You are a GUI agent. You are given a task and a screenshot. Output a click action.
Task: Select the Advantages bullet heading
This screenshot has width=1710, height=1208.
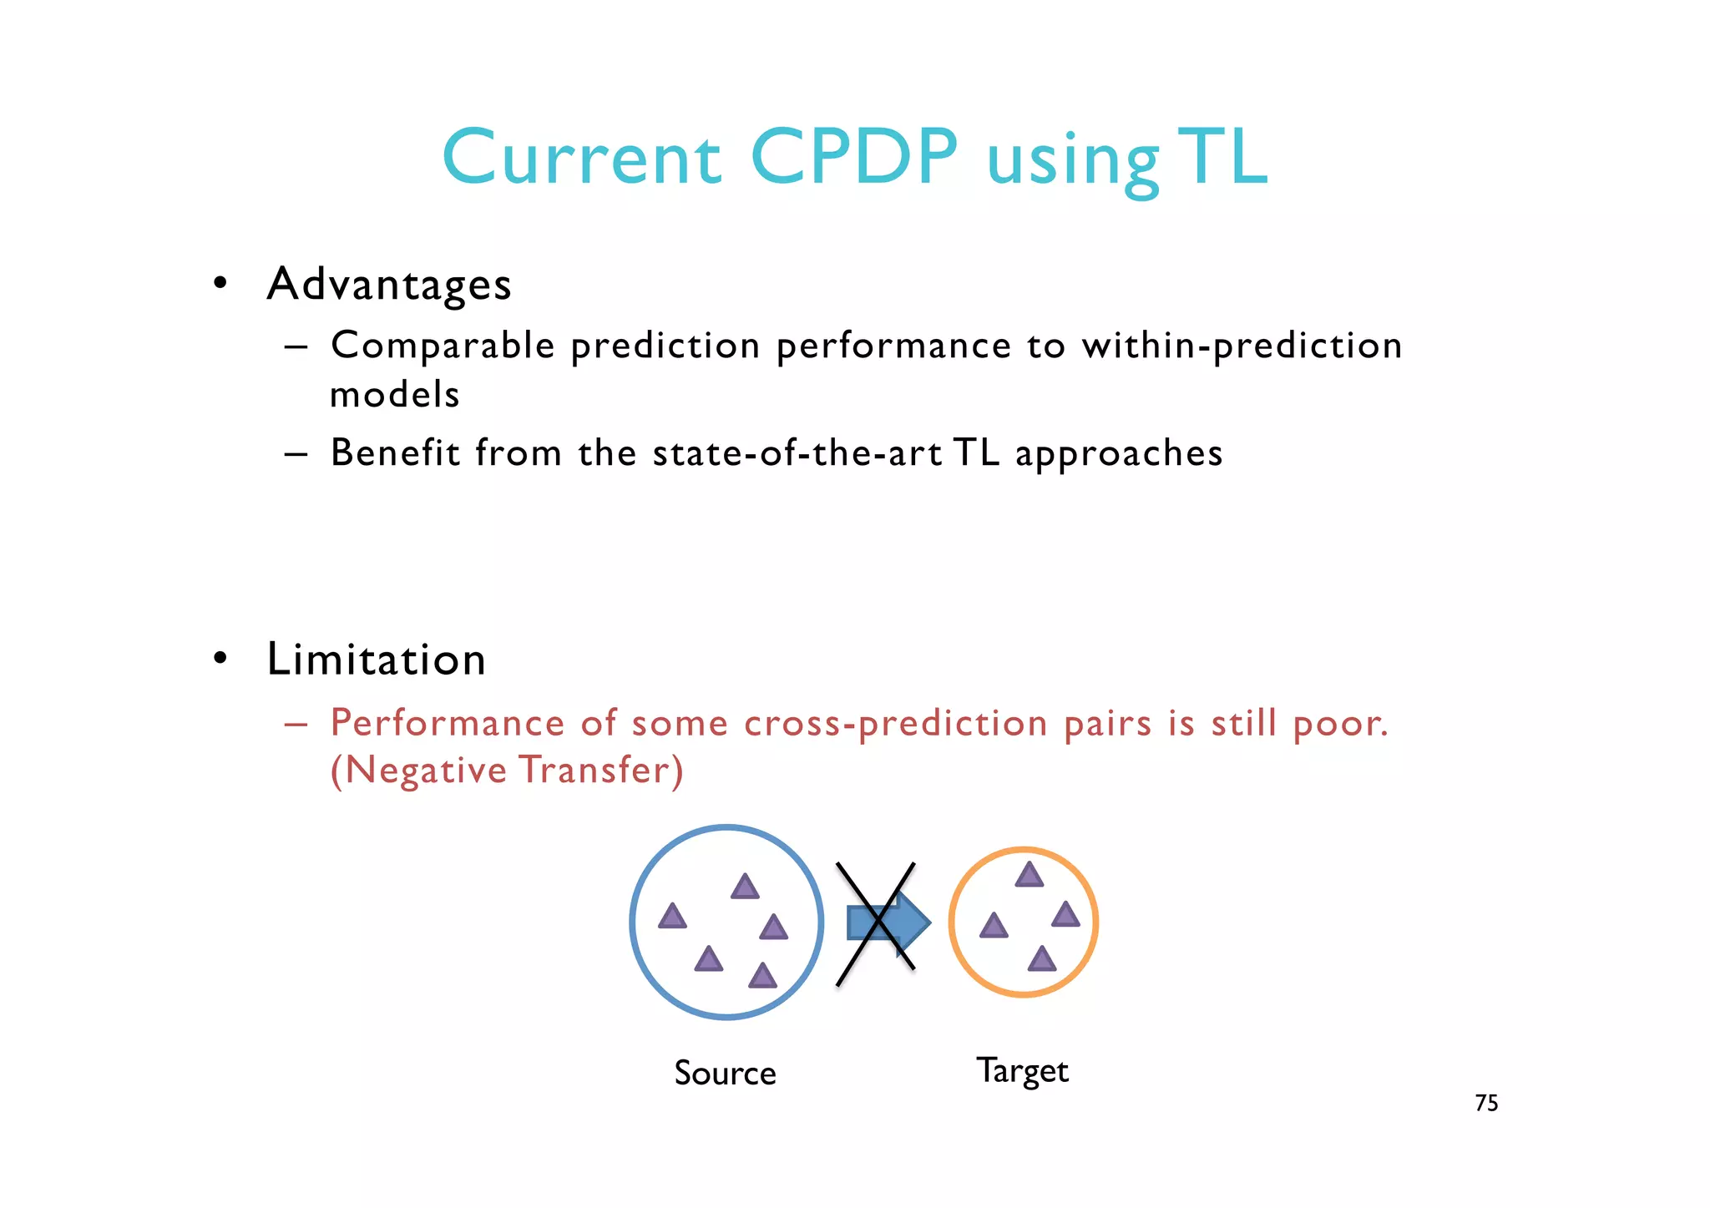pos(388,284)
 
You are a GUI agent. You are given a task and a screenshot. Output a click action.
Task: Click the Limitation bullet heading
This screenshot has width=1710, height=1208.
pos(376,660)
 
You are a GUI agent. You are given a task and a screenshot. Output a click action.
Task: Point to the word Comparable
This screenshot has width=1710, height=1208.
pos(443,346)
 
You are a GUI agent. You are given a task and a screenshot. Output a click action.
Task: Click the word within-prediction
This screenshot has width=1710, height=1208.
pos(1242,346)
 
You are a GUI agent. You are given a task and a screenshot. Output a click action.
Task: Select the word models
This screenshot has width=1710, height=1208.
pos(395,394)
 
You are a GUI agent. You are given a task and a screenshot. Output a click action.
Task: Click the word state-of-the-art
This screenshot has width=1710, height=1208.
pos(797,453)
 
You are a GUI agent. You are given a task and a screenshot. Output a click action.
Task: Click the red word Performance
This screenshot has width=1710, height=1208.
pos(448,723)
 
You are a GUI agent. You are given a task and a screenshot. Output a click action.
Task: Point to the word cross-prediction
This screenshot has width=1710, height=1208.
pos(895,723)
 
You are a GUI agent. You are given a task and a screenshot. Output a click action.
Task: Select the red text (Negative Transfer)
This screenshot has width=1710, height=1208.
pos(507,770)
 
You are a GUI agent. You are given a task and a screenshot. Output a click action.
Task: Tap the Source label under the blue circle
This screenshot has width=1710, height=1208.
pos(725,1073)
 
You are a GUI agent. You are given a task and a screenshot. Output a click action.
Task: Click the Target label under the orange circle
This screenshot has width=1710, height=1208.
pos(1022,1071)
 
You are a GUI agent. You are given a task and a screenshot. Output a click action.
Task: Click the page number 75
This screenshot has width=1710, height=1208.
pos(1486,1103)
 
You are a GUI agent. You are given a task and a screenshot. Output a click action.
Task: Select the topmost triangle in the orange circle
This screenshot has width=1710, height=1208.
pos(1029,875)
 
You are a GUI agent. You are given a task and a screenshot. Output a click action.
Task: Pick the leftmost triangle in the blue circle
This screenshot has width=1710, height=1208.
pos(672,917)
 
